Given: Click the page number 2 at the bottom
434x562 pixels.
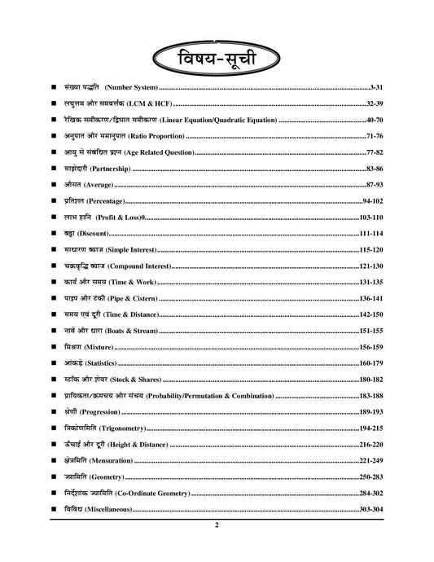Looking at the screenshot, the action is pyautogui.click(x=217, y=526).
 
